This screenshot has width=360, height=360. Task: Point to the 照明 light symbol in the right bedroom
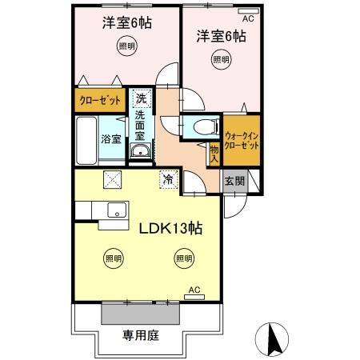pyautogui.click(x=221, y=60)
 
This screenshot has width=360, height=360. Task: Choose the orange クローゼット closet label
pyautogui.click(x=101, y=100)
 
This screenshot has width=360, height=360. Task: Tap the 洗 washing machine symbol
pyautogui.click(x=141, y=100)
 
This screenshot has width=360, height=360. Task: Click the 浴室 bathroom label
pyautogui.click(x=111, y=138)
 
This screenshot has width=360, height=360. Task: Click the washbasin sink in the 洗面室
pyautogui.click(x=140, y=152)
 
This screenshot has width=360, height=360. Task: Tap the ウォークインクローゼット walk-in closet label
pyautogui.click(x=242, y=141)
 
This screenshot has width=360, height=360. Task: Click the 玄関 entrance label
pyautogui.click(x=234, y=182)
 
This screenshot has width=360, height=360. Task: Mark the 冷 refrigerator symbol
pyautogui.click(x=168, y=180)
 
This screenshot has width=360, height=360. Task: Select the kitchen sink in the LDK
pyautogui.click(x=115, y=211)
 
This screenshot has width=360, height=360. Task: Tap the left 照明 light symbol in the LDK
pyautogui.click(x=114, y=258)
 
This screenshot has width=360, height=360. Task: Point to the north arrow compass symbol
pyautogui.click(x=274, y=338)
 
